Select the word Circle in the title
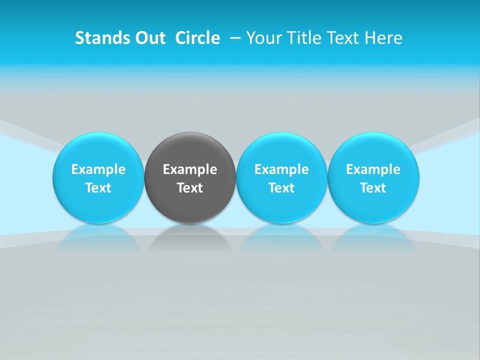click(x=197, y=38)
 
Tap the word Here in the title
click(x=383, y=38)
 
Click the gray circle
click(x=190, y=150)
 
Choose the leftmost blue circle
click(x=98, y=150)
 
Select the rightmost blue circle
click(x=373, y=150)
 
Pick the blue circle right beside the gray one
click(x=281, y=150)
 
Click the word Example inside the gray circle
click(x=190, y=169)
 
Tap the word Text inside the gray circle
click(x=190, y=188)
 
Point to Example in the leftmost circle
click(x=98, y=169)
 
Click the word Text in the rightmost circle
click(x=373, y=188)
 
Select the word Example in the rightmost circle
click(x=373, y=169)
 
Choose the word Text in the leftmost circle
click(x=98, y=188)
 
